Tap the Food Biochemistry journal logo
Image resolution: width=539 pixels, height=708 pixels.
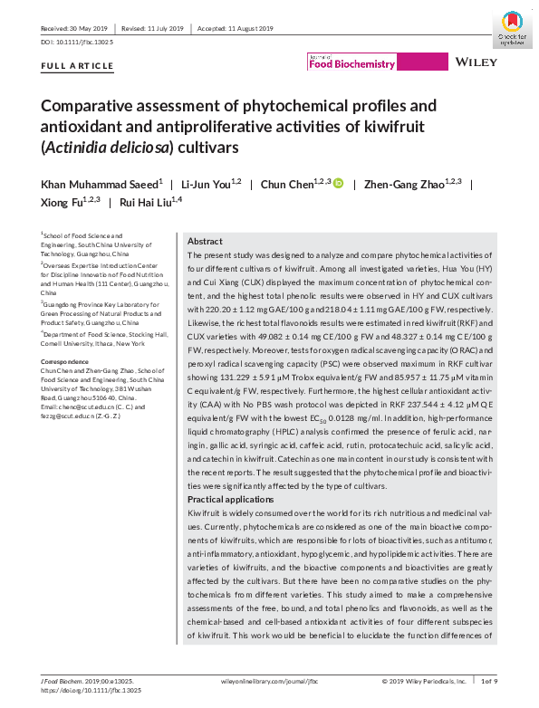(x=352, y=62)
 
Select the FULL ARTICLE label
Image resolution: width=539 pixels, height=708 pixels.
(x=78, y=66)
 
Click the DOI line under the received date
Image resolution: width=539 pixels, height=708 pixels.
(x=80, y=43)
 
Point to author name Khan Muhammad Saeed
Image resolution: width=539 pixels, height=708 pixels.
(x=96, y=185)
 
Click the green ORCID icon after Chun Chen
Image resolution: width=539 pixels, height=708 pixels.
(x=339, y=185)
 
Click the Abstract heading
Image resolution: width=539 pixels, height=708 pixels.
(x=205, y=242)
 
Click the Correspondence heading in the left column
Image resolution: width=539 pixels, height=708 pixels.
(x=70, y=361)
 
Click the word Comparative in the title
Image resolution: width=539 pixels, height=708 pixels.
(x=94, y=105)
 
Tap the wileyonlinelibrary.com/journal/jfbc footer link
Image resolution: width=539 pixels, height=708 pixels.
(x=265, y=681)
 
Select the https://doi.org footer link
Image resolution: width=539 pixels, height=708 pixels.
(x=87, y=690)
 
